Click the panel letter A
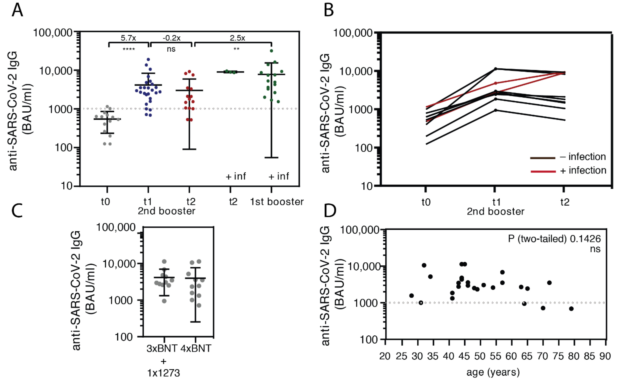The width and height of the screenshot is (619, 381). click(17, 11)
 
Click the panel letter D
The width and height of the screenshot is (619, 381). click(330, 211)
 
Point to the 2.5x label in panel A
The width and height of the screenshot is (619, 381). click(237, 38)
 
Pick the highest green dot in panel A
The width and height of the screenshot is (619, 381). click(271, 51)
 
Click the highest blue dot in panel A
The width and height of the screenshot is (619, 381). click(148, 60)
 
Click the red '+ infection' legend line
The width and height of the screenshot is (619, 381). click(543, 172)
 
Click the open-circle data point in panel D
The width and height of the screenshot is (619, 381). click(421, 303)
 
